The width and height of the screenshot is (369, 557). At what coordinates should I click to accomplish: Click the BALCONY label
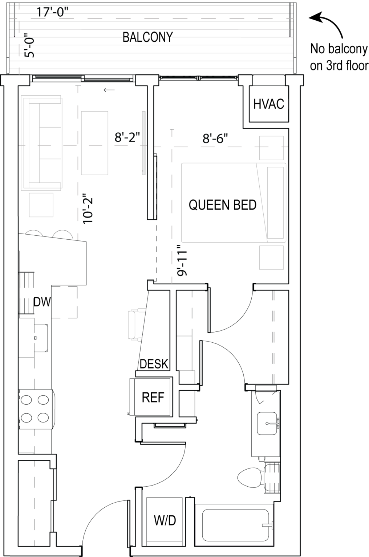(x=147, y=37)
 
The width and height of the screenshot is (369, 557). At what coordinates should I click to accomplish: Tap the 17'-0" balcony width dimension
(x=53, y=12)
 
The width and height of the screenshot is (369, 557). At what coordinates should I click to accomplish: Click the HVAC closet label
(x=268, y=104)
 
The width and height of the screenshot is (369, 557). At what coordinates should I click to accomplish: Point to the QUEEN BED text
(x=222, y=205)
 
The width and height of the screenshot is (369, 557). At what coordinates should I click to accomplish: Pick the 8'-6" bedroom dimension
(x=215, y=138)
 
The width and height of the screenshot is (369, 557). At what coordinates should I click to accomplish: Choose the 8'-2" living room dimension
(x=127, y=137)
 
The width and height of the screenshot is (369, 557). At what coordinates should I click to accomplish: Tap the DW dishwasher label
(x=42, y=302)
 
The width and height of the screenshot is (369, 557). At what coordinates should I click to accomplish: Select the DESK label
(x=154, y=364)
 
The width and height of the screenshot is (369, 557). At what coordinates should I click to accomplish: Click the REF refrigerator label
(x=153, y=397)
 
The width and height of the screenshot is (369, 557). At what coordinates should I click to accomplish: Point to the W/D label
(x=165, y=521)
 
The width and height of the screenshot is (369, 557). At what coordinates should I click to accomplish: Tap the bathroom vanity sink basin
(x=268, y=423)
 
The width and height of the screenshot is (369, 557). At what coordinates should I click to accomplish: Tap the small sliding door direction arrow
(x=109, y=90)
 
